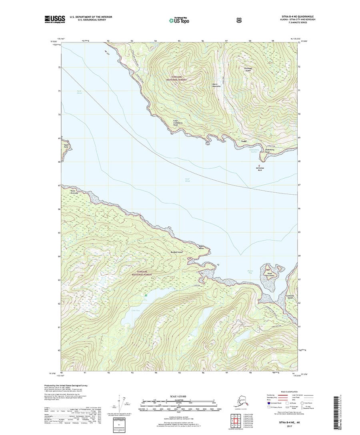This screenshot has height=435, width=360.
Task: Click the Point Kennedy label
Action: coord(70,192)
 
